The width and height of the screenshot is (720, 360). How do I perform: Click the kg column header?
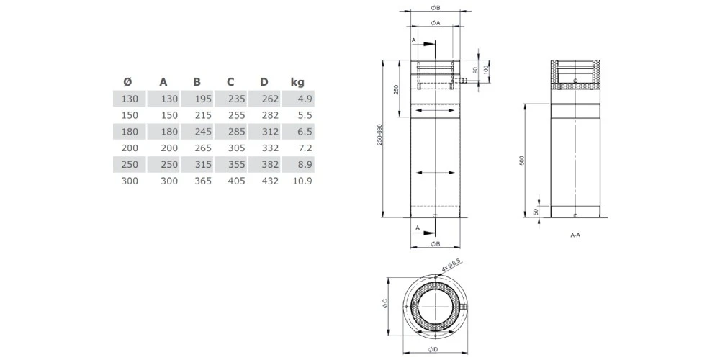tap(297, 81)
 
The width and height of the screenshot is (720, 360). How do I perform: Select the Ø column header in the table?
tap(127, 81)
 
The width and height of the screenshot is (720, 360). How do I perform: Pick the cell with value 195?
tap(202, 99)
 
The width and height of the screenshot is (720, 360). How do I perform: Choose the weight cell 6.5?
tap(304, 132)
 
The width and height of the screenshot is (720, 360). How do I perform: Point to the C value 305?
tap(236, 148)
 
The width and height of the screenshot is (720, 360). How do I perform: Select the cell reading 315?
tap(202, 165)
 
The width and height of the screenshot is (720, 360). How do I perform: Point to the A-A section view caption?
tap(575, 235)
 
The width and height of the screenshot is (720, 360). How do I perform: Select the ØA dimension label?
tap(436, 23)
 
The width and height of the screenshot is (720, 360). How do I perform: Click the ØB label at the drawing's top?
tap(436, 7)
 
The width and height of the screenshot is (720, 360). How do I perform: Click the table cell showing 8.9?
tap(304, 165)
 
